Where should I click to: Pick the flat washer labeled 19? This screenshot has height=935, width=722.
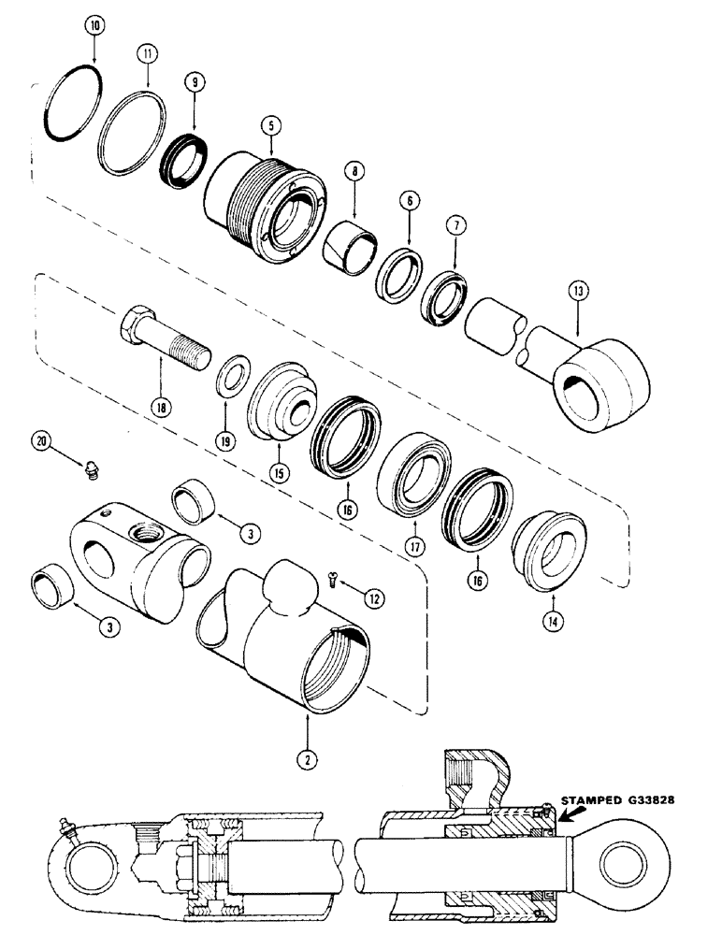[228, 382]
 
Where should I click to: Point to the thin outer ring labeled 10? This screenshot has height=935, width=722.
[70, 99]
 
